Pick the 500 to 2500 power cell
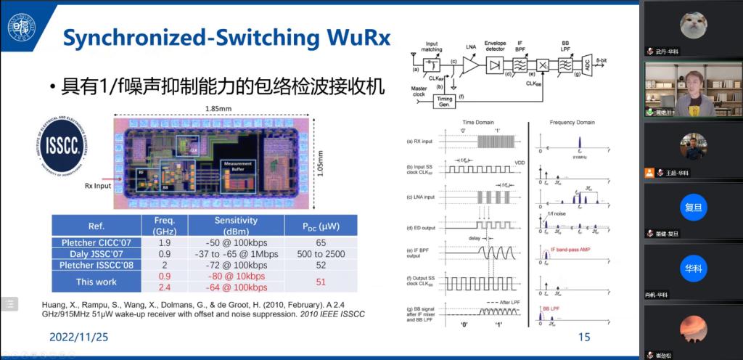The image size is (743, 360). tap(319, 254)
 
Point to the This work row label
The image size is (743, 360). tap(96, 282)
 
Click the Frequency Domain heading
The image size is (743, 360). tap(572, 124)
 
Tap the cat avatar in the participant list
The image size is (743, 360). tap(692, 25)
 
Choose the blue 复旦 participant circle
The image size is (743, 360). tap(693, 208)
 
